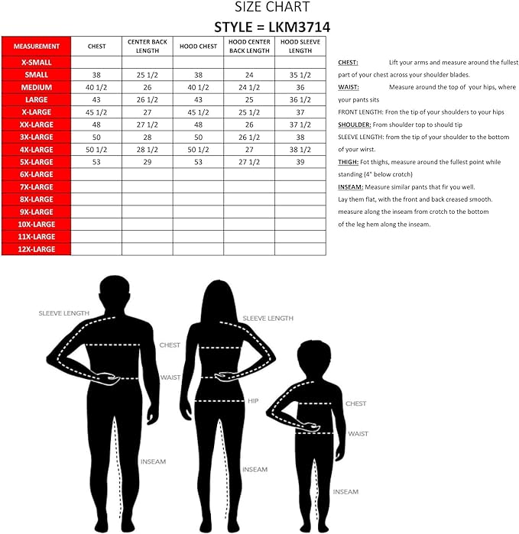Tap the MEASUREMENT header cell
pyautogui.click(x=36, y=46)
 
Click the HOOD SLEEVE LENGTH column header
pyautogui.click(x=300, y=46)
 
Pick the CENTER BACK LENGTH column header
pyautogui.click(x=147, y=46)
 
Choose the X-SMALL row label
pyautogui.click(x=36, y=62)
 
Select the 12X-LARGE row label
pyautogui.click(x=36, y=248)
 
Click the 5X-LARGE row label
pyautogui.click(x=36, y=162)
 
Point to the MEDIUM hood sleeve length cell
pyautogui.click(x=300, y=87)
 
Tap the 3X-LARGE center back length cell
pyautogui.click(x=147, y=137)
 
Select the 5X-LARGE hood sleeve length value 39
pyautogui.click(x=300, y=162)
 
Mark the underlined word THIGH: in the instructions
pyautogui.click(x=349, y=162)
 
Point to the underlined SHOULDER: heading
pyautogui.click(x=355, y=125)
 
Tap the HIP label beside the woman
pyautogui.click(x=254, y=400)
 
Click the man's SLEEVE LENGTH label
pyautogui.click(x=64, y=313)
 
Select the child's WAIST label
pyautogui.click(x=358, y=434)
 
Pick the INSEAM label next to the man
pyautogui.click(x=153, y=461)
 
